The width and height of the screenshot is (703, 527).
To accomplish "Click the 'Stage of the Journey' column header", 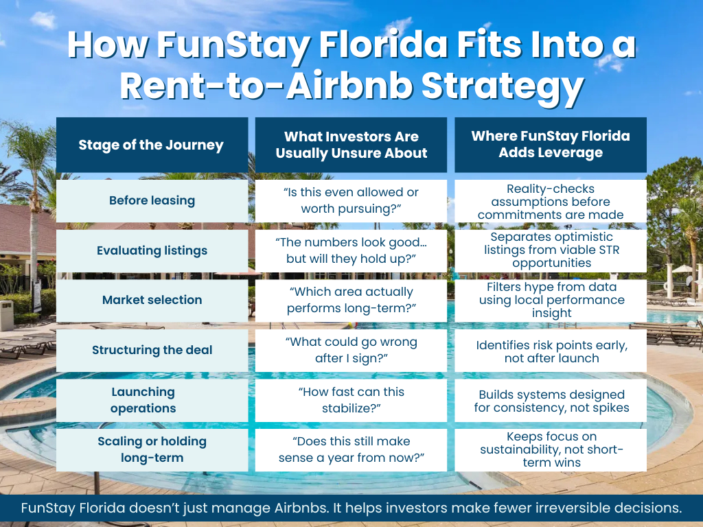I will click(151, 145).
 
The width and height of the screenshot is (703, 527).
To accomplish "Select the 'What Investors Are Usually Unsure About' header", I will click(351, 145).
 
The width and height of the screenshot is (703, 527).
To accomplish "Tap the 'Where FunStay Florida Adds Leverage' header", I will click(551, 145).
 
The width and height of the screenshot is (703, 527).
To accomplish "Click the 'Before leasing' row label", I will click(152, 200).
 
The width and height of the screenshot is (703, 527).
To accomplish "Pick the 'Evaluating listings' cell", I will click(152, 250).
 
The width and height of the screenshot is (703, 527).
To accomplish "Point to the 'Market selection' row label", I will click(152, 300).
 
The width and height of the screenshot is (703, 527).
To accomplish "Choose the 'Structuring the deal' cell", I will click(152, 350).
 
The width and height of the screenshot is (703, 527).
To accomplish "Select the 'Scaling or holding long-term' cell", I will click(152, 449).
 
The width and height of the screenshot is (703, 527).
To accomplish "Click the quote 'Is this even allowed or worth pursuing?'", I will click(351, 200).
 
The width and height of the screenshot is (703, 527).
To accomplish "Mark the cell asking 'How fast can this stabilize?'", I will click(351, 400).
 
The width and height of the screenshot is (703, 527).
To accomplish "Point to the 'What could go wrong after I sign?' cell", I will click(351, 350).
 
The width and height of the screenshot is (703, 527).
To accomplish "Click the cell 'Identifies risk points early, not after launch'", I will click(551, 351).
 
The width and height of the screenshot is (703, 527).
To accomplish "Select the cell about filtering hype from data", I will click(551, 300).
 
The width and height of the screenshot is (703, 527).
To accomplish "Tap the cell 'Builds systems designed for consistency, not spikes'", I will click(551, 401).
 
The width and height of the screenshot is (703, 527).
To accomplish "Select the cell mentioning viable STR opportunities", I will click(551, 250).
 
